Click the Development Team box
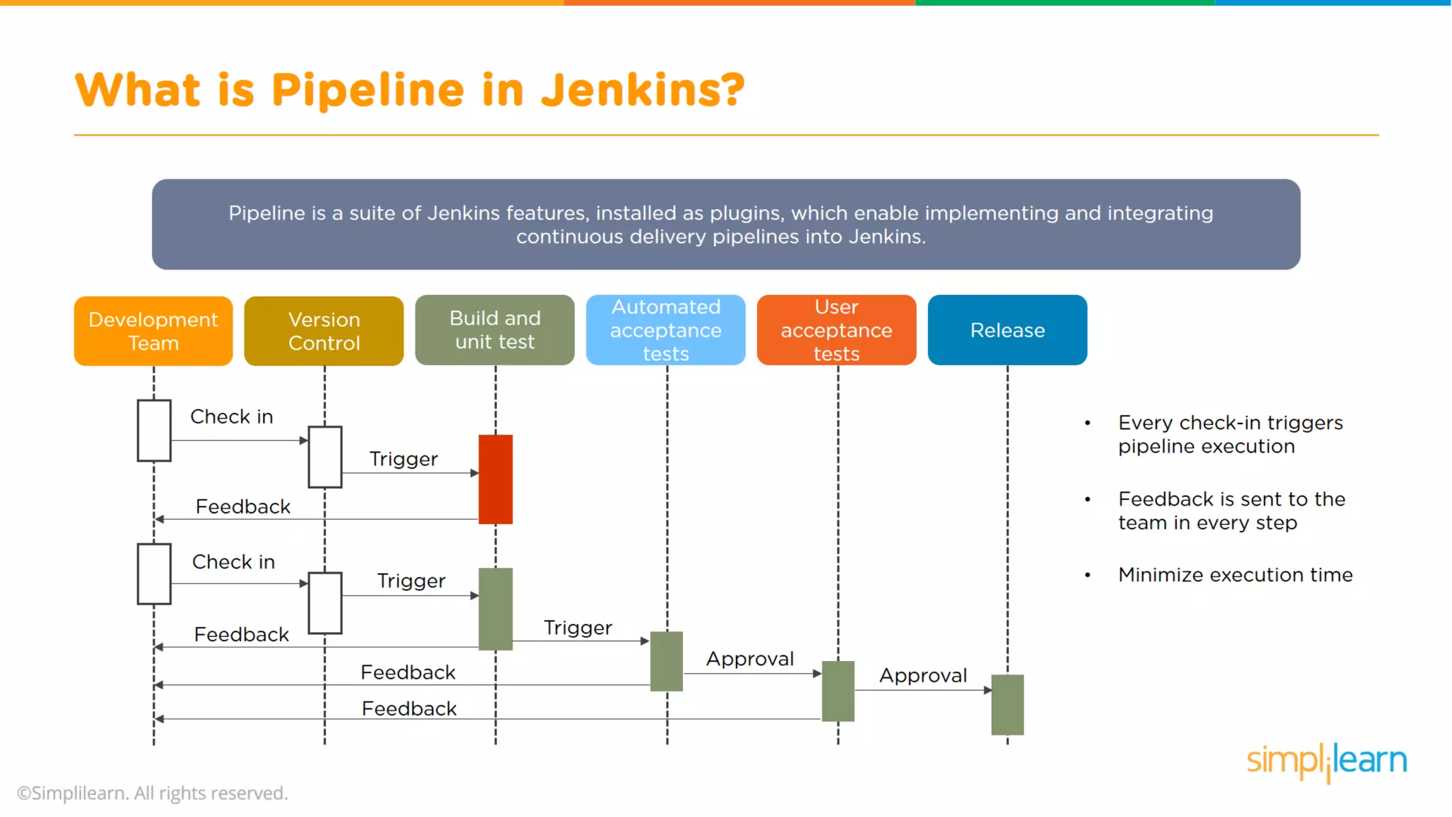(153, 331)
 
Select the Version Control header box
(324, 331)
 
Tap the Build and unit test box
(495, 330)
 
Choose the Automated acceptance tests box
(666, 330)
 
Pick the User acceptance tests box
(837, 330)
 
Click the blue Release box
(1007, 330)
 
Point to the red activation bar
(495, 479)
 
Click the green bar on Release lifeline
(1007, 704)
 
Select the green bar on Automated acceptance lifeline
(666, 661)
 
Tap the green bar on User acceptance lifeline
(837, 691)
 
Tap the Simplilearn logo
(1327, 761)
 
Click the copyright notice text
(152, 793)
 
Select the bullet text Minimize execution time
(1235, 574)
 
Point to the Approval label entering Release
(923, 675)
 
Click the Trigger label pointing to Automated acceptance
(577, 628)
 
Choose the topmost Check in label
(231, 416)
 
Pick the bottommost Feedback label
(409, 708)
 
